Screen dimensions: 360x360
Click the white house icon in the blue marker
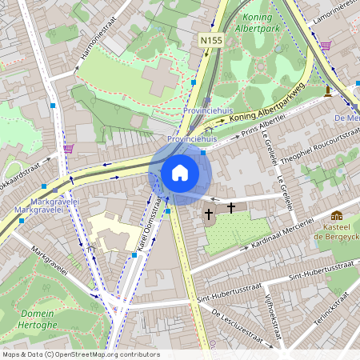[180, 172]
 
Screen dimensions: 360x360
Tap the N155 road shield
[211, 39]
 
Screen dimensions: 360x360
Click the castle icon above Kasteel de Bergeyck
[336, 215]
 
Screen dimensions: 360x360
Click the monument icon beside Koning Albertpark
[327, 91]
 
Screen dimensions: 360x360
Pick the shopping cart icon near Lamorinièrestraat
[325, 46]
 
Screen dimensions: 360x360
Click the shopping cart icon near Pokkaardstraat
[69, 149]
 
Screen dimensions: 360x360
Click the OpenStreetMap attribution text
[81, 354]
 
